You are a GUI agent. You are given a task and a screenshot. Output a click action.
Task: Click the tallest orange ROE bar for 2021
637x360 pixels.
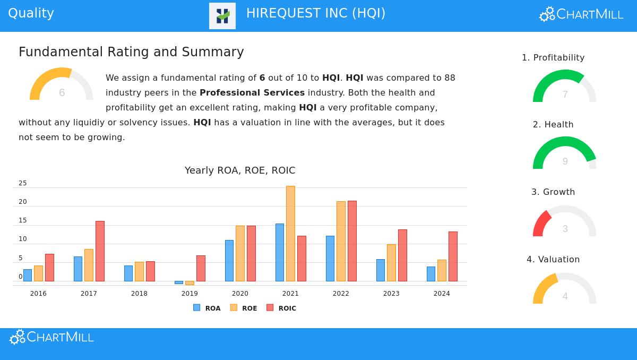click(x=290, y=234)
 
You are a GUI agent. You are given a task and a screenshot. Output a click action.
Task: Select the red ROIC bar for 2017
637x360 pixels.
click(x=100, y=251)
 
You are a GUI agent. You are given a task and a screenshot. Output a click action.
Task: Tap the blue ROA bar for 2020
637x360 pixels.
click(x=229, y=261)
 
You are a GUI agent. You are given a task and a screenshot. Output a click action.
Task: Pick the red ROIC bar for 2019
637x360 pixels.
click(x=201, y=268)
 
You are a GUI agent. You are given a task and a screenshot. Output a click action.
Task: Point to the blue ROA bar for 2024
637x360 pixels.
click(x=431, y=274)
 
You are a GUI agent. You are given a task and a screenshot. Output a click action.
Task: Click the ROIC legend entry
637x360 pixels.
click(x=281, y=308)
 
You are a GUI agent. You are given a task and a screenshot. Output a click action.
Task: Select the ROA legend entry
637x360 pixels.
click(x=207, y=308)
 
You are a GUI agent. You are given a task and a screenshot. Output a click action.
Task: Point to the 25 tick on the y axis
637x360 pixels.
click(x=23, y=183)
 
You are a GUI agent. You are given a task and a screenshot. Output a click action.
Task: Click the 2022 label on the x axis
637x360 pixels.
click(x=341, y=294)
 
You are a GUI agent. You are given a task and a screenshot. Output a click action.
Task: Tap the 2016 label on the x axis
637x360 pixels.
click(x=38, y=294)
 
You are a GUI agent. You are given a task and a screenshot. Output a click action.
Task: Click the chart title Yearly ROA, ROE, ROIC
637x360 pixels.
click(x=240, y=170)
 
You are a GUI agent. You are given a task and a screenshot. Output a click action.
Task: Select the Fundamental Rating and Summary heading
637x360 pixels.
click(x=131, y=52)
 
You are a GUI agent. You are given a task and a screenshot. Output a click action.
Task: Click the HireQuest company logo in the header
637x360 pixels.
click(x=222, y=16)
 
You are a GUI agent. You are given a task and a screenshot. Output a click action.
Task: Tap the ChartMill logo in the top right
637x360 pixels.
click(x=581, y=14)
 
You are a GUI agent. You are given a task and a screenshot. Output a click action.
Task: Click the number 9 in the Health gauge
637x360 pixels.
click(x=565, y=161)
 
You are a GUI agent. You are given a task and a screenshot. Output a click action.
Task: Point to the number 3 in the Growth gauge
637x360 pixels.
click(x=565, y=229)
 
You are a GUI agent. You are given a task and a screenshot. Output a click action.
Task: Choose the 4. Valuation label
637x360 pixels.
click(x=553, y=259)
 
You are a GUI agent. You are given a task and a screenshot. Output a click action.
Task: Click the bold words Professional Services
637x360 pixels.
click(x=252, y=92)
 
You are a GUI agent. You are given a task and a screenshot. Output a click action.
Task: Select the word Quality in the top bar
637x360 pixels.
click(x=31, y=13)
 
